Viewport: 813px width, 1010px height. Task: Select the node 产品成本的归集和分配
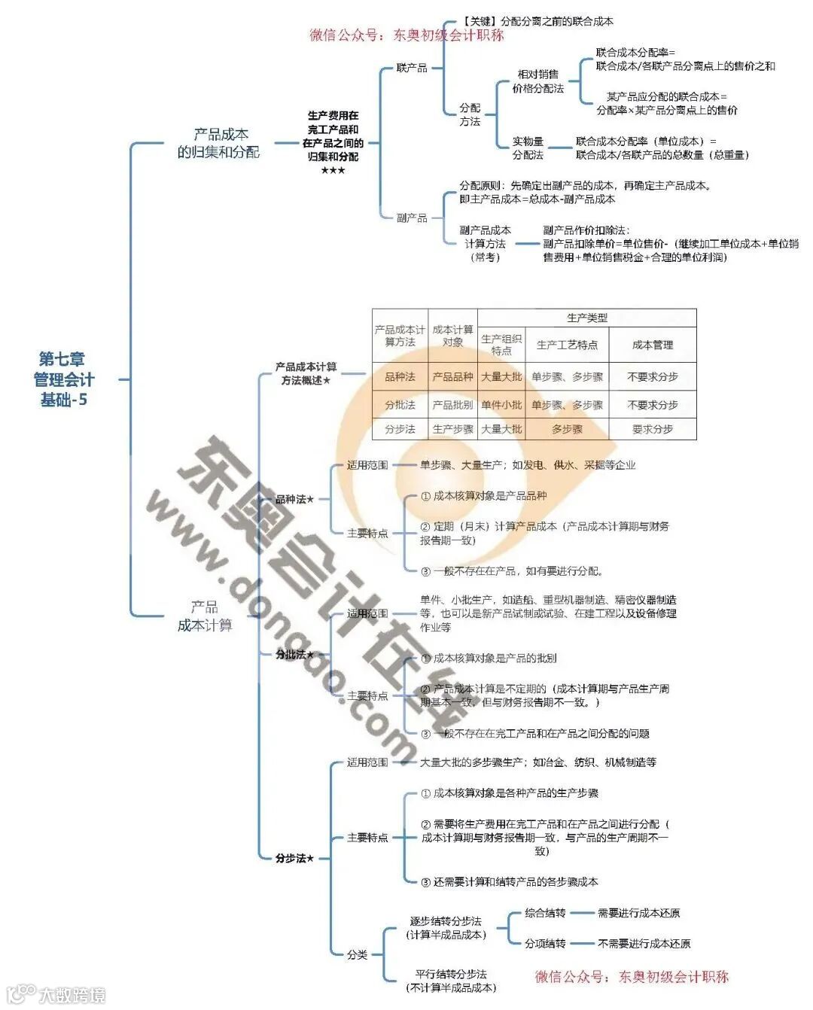tap(218, 143)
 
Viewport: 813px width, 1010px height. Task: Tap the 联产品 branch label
tap(412, 68)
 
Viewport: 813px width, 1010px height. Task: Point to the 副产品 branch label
tap(412, 218)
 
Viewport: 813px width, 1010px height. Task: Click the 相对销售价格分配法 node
tap(538, 81)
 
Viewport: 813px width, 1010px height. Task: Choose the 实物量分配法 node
tap(528, 148)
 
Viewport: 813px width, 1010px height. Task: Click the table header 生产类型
tap(586, 318)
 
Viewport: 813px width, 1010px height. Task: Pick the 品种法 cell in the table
tap(400, 376)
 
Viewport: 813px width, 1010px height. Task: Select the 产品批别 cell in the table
tap(452, 404)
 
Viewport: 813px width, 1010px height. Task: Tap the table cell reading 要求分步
tap(652, 429)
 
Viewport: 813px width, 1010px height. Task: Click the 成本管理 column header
tap(652, 345)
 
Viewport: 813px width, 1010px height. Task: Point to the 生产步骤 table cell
tap(452, 429)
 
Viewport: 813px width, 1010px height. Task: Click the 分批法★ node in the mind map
tap(294, 654)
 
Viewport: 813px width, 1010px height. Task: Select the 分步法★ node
tap(294, 858)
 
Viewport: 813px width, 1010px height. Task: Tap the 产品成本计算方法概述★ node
tap(306, 373)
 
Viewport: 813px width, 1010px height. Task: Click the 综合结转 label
tap(545, 913)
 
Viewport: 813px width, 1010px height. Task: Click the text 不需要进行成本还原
tap(644, 943)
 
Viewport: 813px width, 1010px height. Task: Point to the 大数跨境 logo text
tap(72, 994)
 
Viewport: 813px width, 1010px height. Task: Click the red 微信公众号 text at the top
tap(406, 35)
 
